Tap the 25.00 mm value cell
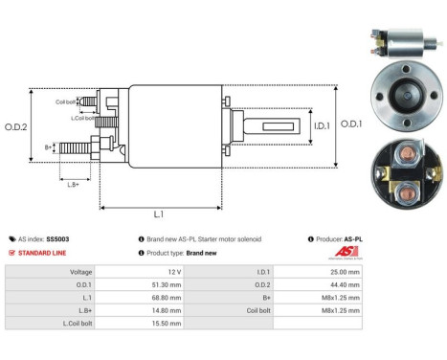click(x=346, y=272)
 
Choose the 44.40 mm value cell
click(x=346, y=284)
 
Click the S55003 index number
click(x=58, y=238)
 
